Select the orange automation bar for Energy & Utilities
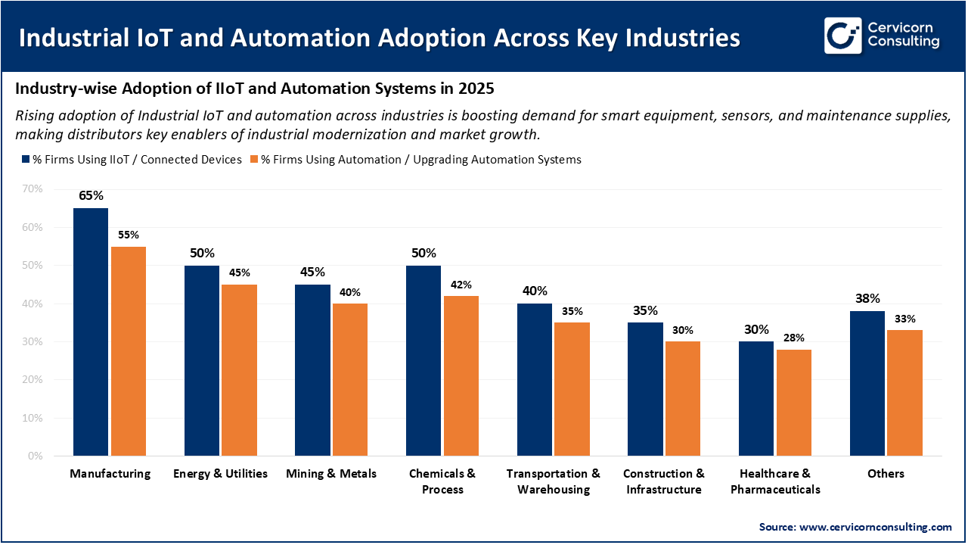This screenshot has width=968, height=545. tap(238, 370)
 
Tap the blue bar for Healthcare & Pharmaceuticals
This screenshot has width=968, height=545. tap(757, 398)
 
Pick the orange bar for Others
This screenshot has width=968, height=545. tap(904, 393)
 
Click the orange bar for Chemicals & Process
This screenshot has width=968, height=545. tap(461, 375)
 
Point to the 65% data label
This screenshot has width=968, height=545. tap(91, 195)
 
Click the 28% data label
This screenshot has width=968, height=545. tap(794, 338)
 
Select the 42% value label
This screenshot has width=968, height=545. tap(461, 285)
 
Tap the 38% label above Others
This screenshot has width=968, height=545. tap(867, 298)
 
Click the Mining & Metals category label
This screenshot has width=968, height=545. tap(331, 474)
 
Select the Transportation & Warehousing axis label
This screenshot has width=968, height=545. tap(554, 481)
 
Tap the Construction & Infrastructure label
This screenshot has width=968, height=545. tap(664, 481)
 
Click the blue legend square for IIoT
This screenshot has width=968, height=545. tap(25, 160)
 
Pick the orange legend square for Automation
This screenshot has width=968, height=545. tap(254, 160)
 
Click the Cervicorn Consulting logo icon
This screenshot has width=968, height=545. tap(842, 36)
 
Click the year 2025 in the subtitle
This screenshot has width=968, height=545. tap(476, 89)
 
